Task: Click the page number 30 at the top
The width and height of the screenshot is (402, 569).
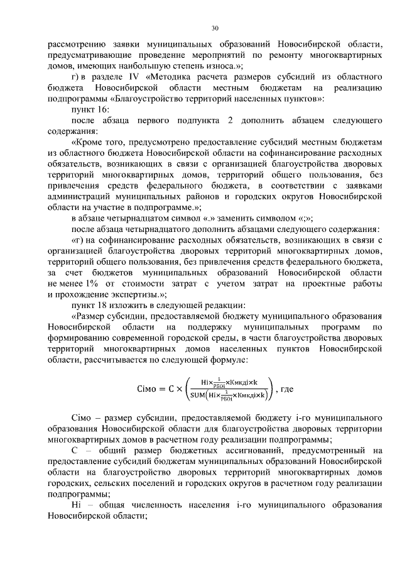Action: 215,28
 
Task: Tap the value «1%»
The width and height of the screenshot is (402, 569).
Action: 85,285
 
